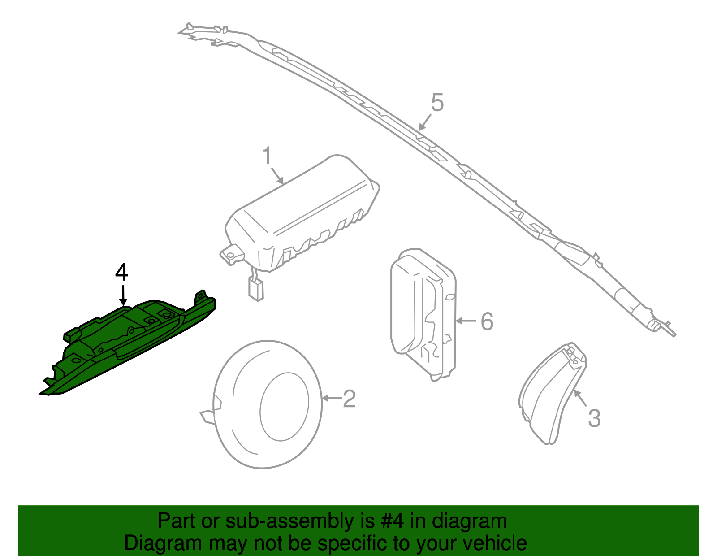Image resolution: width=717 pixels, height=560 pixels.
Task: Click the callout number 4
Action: [122, 273]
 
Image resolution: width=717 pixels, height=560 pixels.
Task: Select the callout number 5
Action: [437, 103]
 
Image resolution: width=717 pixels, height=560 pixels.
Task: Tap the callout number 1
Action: [267, 156]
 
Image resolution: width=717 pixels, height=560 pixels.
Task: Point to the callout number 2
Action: [349, 399]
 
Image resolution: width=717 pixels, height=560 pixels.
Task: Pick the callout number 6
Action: [487, 321]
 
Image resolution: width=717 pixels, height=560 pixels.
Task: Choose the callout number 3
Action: [594, 418]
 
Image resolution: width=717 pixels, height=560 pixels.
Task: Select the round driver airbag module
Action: [267, 404]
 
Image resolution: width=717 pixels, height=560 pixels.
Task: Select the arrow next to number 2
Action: [332, 398]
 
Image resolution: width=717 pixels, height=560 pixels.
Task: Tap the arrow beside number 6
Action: [466, 321]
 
